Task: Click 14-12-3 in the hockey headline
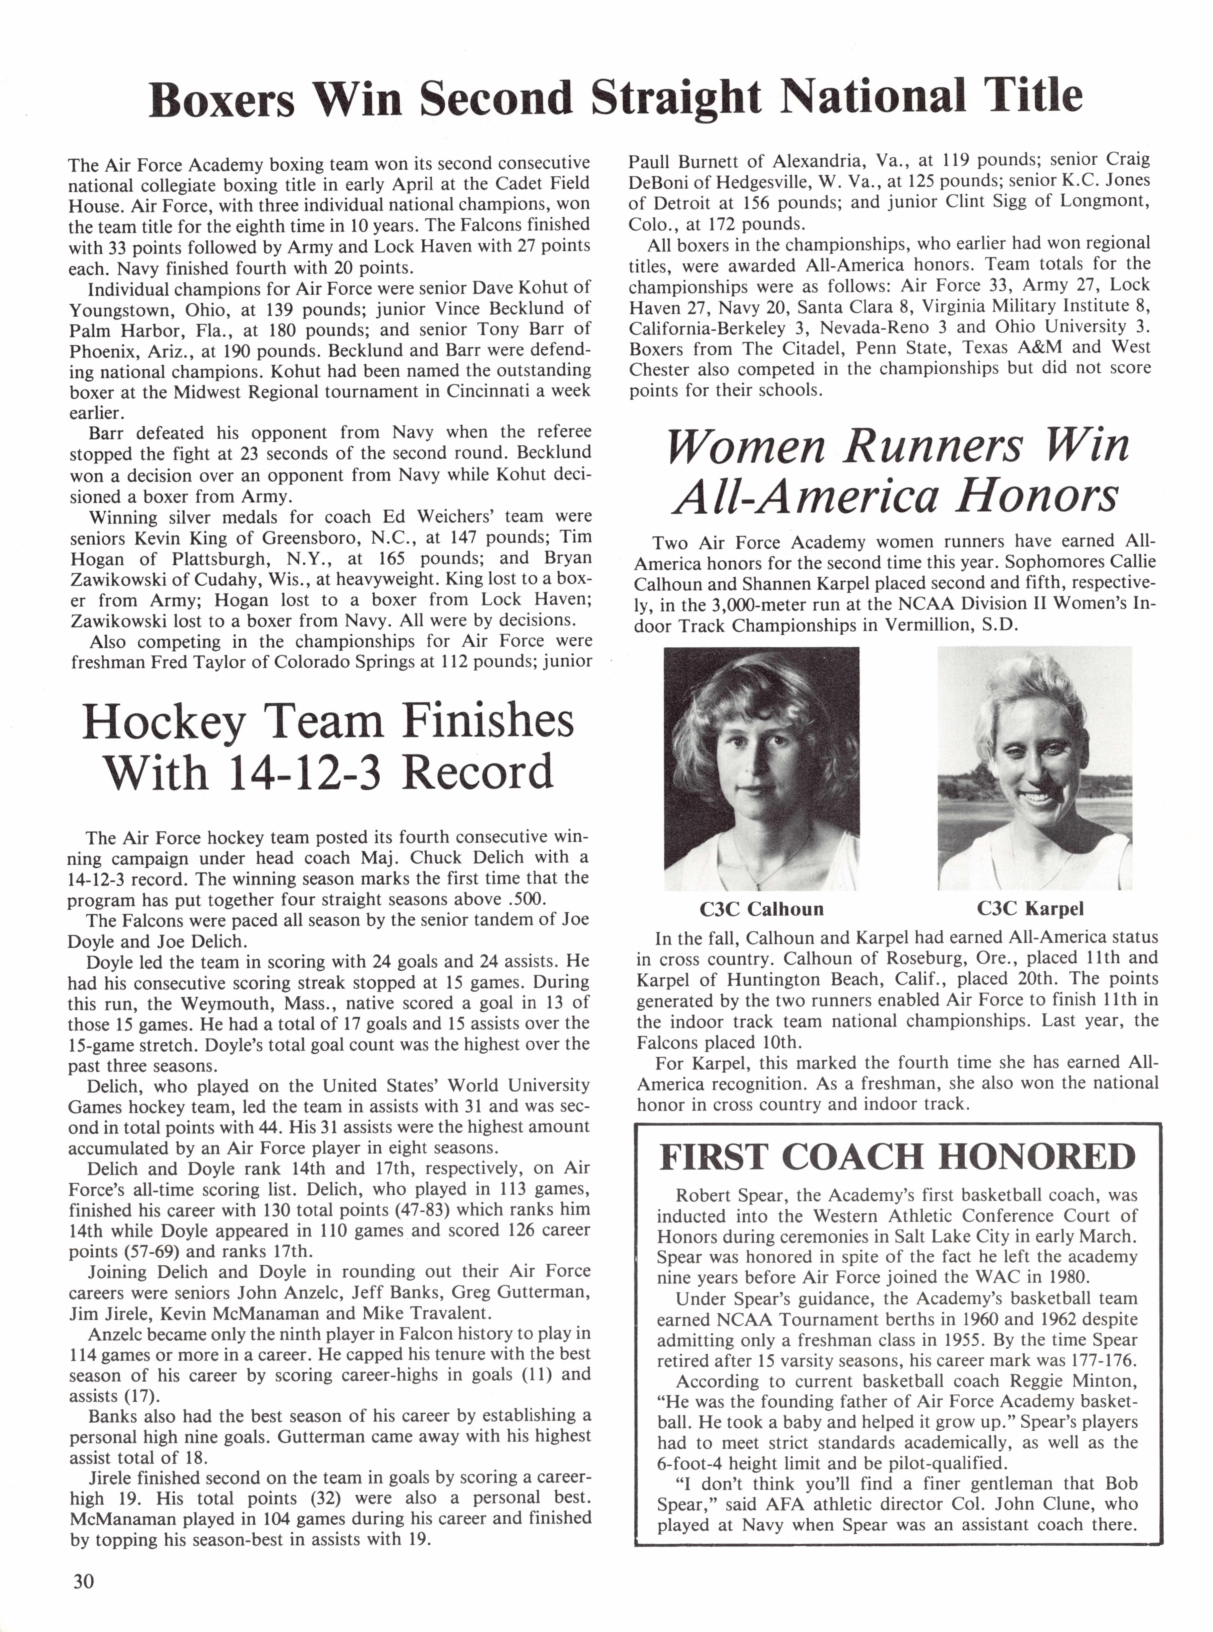[306, 773]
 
